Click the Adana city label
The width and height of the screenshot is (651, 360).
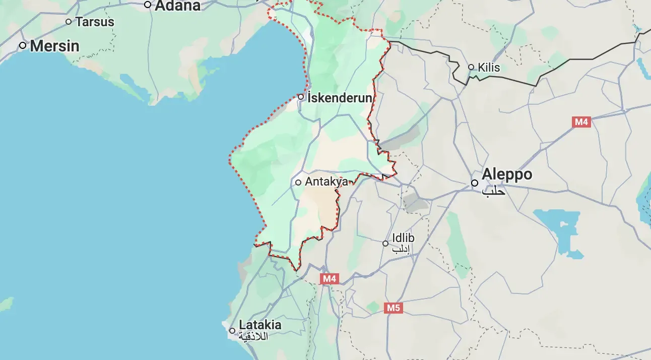click(x=177, y=6)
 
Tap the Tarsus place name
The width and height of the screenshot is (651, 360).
click(x=95, y=22)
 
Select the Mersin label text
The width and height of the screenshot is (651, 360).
click(x=54, y=46)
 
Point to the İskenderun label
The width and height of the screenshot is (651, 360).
click(x=340, y=97)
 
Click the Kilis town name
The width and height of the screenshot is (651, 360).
click(x=488, y=67)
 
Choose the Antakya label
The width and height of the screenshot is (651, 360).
click(x=326, y=182)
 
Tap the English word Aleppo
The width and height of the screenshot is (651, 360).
click(x=506, y=174)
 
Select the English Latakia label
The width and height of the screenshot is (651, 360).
click(x=260, y=324)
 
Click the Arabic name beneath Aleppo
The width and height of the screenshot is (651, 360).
click(x=493, y=191)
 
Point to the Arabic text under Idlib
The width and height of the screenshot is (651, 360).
click(x=403, y=249)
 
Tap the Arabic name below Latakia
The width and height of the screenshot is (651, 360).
click(x=253, y=336)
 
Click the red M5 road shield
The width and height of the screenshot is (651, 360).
click(x=393, y=308)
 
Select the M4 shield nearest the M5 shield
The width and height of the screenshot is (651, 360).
click(x=330, y=278)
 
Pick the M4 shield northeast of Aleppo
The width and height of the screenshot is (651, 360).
click(x=581, y=122)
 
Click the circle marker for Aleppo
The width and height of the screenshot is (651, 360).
click(x=475, y=183)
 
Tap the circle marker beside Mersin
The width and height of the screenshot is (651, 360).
click(x=23, y=45)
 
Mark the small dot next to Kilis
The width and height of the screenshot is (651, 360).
click(x=471, y=67)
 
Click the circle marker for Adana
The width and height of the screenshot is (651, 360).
click(x=148, y=5)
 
